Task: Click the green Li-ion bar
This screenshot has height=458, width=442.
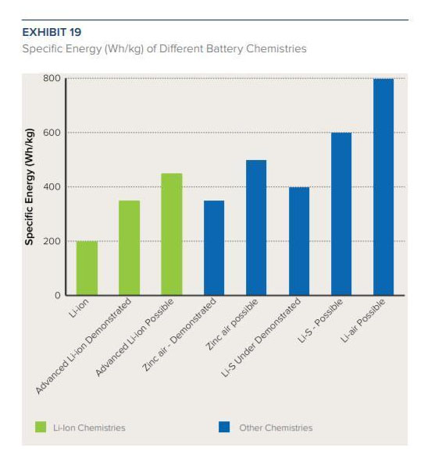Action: click(87, 268)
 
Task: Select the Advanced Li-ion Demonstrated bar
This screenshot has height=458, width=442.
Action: click(129, 247)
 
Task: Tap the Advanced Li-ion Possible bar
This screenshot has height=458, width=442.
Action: click(172, 234)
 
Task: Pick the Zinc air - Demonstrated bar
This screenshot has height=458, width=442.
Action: click(214, 247)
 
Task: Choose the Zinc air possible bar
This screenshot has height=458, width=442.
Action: click(256, 228)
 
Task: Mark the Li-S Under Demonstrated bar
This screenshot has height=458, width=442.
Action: click(299, 241)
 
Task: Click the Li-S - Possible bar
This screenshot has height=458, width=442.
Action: click(341, 214)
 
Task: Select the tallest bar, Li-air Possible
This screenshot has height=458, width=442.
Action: click(383, 187)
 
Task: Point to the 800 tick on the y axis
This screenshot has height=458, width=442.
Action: click(52, 78)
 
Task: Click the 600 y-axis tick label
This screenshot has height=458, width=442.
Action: click(52, 133)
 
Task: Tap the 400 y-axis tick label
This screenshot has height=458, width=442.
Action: click(52, 186)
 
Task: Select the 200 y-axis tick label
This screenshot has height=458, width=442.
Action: click(52, 241)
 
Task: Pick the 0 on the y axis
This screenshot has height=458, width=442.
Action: click(58, 295)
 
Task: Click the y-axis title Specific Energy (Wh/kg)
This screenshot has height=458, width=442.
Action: click(29, 187)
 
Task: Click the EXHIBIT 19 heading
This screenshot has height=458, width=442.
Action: click(52, 32)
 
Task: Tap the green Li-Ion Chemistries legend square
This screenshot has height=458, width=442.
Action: click(41, 427)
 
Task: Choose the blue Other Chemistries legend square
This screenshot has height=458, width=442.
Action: click(224, 427)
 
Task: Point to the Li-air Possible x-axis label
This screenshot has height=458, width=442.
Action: click(363, 321)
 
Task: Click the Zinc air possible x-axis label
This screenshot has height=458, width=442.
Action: click(232, 325)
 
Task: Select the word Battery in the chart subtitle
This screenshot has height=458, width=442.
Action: click(224, 49)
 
